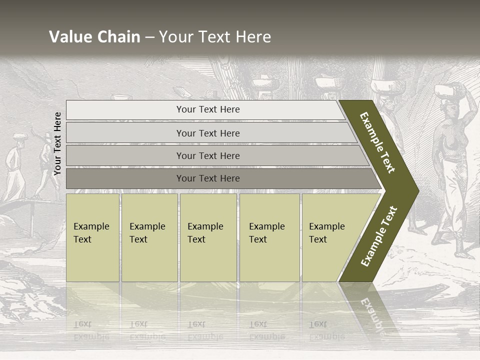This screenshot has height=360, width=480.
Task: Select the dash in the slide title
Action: (x=149, y=37)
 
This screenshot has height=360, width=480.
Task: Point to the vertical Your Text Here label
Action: (x=57, y=143)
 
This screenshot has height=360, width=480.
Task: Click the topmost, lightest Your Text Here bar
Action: (x=208, y=109)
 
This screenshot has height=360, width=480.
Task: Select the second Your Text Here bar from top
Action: (x=208, y=133)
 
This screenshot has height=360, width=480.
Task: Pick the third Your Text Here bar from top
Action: (x=208, y=155)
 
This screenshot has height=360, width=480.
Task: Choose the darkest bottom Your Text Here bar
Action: (x=208, y=178)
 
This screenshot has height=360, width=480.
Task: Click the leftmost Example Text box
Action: (x=92, y=237)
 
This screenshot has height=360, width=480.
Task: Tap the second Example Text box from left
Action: (x=149, y=237)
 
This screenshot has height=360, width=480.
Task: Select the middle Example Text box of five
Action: (x=208, y=237)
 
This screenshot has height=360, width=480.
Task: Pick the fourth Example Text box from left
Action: (x=269, y=237)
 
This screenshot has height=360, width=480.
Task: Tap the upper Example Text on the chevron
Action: (x=377, y=142)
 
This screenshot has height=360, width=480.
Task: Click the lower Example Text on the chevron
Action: (x=379, y=236)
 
